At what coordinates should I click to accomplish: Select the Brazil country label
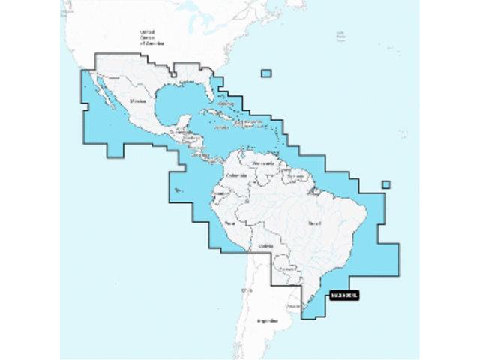click(x=313, y=223)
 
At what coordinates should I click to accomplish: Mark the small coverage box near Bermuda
click(x=266, y=73)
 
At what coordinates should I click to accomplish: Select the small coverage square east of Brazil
click(x=385, y=185)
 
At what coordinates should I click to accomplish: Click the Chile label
click(x=243, y=289)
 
